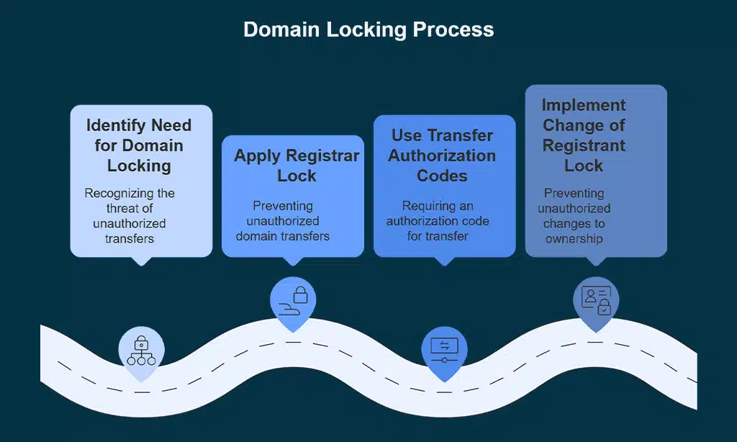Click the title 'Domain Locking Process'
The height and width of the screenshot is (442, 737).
click(x=368, y=30)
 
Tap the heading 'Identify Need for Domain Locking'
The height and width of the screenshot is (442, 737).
click(x=139, y=145)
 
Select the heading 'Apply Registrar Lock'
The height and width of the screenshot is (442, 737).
click(x=297, y=166)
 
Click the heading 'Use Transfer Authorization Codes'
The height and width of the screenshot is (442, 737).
click(x=442, y=155)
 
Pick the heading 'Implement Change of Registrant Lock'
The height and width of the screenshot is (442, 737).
click(x=584, y=135)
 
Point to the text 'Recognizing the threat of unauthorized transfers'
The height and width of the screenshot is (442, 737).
click(x=130, y=216)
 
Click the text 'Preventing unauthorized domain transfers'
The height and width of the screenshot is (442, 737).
click(x=282, y=221)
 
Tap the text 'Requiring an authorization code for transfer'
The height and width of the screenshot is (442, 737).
click(x=438, y=221)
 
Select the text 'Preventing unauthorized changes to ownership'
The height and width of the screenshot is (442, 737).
click(x=574, y=216)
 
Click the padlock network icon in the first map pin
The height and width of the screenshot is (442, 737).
click(x=142, y=349)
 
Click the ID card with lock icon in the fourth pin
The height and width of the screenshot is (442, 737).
click(x=596, y=299)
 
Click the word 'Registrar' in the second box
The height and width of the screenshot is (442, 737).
click(x=323, y=156)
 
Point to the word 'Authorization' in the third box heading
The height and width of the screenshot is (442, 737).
click(x=442, y=155)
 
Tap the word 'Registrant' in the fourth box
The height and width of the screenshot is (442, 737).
click(x=584, y=145)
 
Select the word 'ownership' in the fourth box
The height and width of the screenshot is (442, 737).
click(x=574, y=238)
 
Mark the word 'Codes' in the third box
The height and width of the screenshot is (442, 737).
click(x=442, y=176)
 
